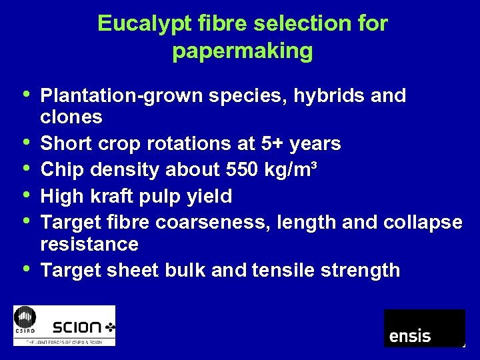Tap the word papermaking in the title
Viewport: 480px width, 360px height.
(242, 51)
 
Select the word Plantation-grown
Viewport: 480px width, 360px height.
(122, 96)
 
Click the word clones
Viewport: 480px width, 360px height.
(71, 117)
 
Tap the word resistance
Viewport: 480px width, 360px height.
(89, 244)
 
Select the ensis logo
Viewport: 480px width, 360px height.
(424, 328)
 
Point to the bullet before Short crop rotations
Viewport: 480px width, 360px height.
(25, 142)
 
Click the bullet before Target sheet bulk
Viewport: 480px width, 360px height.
(25, 269)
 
